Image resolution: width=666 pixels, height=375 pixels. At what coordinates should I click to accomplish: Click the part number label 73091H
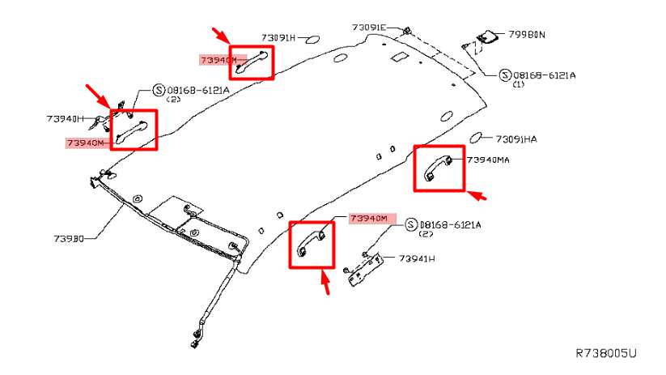pyautogui.click(x=278, y=38)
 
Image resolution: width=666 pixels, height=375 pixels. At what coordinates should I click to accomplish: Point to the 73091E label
pyautogui.click(x=369, y=28)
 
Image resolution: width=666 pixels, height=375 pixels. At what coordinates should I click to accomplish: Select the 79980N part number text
pyautogui.click(x=527, y=35)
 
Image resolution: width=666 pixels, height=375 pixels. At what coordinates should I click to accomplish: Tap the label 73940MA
pyautogui.click(x=488, y=160)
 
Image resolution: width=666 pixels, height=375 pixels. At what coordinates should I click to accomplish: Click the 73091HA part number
pyautogui.click(x=516, y=139)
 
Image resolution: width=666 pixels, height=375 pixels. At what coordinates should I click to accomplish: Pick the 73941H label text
pyautogui.click(x=417, y=258)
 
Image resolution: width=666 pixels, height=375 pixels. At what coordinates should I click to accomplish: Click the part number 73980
pyautogui.click(x=69, y=238)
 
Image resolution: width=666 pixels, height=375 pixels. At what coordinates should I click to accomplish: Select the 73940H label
pyautogui.click(x=65, y=118)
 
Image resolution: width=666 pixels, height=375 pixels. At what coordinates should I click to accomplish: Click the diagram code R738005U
pyautogui.click(x=606, y=353)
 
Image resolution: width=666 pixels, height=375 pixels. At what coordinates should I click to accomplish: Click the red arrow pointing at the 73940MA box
pyautogui.click(x=477, y=195)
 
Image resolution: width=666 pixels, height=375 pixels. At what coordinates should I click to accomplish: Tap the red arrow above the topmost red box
pyautogui.click(x=221, y=36)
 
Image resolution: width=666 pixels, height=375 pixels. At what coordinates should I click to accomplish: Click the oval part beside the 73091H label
pyautogui.click(x=312, y=40)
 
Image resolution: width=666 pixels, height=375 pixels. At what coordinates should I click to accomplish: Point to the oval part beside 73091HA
pyautogui.click(x=476, y=138)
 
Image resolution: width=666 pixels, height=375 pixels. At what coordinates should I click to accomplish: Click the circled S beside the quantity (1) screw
pyautogui.click(x=505, y=75)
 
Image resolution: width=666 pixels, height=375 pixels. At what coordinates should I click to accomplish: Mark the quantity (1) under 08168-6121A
pyautogui.click(x=519, y=84)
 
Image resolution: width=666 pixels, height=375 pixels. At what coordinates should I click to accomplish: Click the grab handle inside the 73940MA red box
pyautogui.click(x=438, y=168)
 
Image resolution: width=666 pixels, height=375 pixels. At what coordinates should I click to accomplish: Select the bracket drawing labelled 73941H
pyautogui.click(x=365, y=269)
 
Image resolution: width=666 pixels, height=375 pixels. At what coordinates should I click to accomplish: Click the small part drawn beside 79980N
pyautogui.click(x=488, y=37)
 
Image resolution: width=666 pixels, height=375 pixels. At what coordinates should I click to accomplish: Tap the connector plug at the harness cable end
pyautogui.click(x=195, y=339)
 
